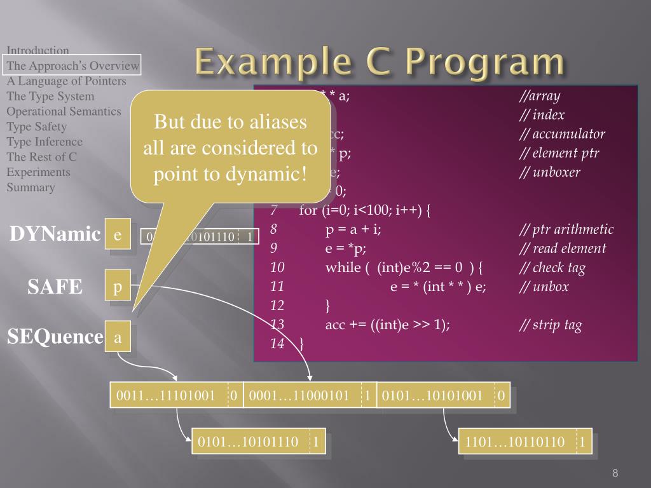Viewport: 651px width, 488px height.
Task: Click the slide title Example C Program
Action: [x=380, y=64]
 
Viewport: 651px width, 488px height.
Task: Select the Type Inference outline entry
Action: [x=45, y=142]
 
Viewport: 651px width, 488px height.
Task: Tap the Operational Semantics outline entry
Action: [x=64, y=111]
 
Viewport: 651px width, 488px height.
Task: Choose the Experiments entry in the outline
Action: [x=38, y=172]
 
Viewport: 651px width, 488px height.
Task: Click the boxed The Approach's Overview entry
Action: [x=72, y=65]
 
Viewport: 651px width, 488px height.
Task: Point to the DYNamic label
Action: [x=55, y=234]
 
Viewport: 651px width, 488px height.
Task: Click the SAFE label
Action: [x=55, y=287]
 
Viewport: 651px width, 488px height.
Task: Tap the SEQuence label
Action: [x=55, y=336]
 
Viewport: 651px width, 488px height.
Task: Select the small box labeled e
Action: [x=118, y=235]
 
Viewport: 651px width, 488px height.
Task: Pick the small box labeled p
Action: [x=118, y=288]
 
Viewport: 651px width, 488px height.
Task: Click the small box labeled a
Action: [x=118, y=337]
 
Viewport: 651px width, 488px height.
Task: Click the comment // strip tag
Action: [x=551, y=325]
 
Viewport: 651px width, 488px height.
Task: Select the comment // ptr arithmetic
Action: [x=566, y=229]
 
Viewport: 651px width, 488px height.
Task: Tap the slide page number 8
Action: [x=615, y=473]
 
